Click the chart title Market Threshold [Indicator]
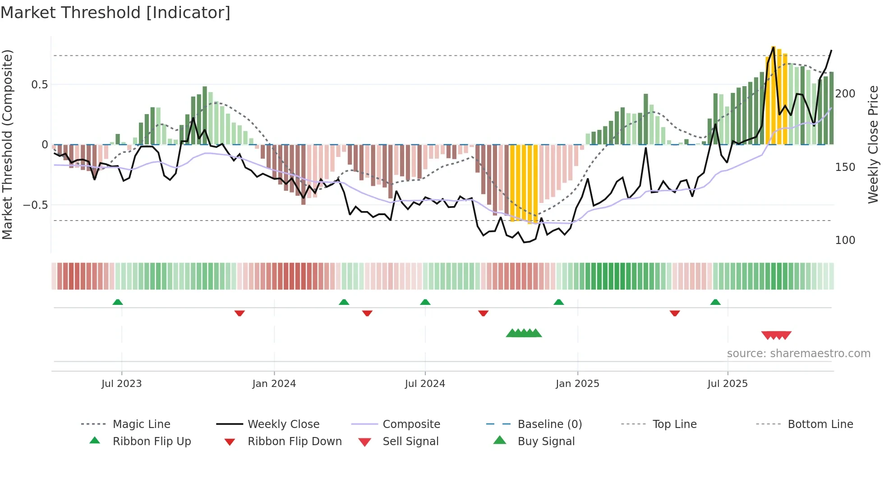click(x=115, y=13)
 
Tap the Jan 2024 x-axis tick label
click(x=274, y=384)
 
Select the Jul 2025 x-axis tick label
click(x=727, y=384)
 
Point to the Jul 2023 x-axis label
click(x=121, y=384)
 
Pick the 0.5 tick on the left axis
click(x=39, y=85)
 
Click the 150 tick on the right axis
click(x=845, y=167)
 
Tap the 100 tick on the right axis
click(x=845, y=240)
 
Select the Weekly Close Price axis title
click(x=873, y=144)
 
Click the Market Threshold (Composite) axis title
click(x=7, y=144)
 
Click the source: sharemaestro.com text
click(x=798, y=354)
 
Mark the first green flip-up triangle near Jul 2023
click(x=118, y=302)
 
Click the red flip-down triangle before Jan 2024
click(x=239, y=313)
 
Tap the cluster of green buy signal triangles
click(x=524, y=333)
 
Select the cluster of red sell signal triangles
click(x=776, y=335)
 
